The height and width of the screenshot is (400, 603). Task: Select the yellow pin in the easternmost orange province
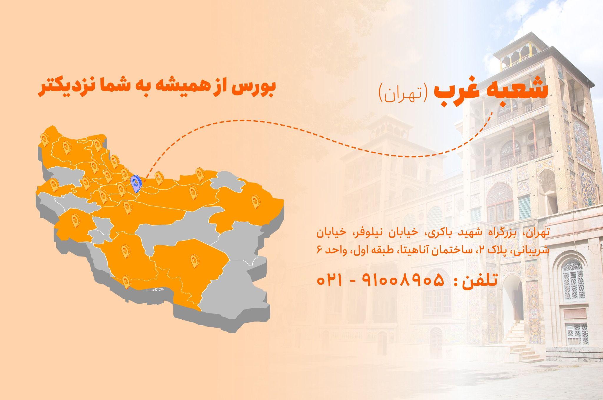[255, 202]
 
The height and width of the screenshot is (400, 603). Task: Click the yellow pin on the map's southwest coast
[126, 281]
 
